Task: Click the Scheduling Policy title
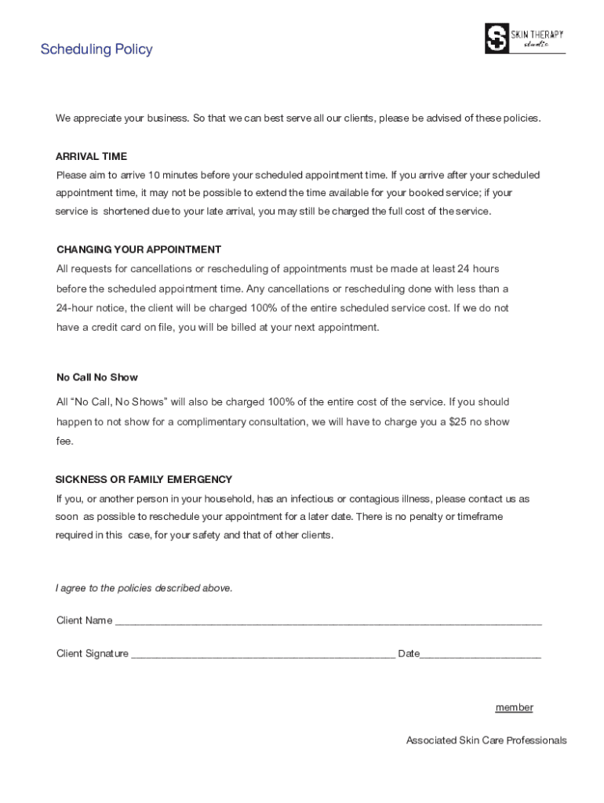tap(96, 49)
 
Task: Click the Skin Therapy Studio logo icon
tap(497, 38)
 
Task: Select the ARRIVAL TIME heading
tap(91, 156)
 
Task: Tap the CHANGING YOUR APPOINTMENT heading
tap(139, 249)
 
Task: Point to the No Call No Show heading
tap(97, 377)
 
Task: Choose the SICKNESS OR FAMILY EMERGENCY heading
tap(144, 479)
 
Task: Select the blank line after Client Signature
tap(263, 655)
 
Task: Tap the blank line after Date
tap(480, 655)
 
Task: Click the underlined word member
tap(514, 707)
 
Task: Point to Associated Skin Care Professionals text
tap(486, 740)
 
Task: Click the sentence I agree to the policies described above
tap(144, 588)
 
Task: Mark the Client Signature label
tap(93, 653)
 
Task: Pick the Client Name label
tap(85, 620)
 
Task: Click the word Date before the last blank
tap(409, 653)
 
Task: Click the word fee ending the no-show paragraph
tap(64, 441)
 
